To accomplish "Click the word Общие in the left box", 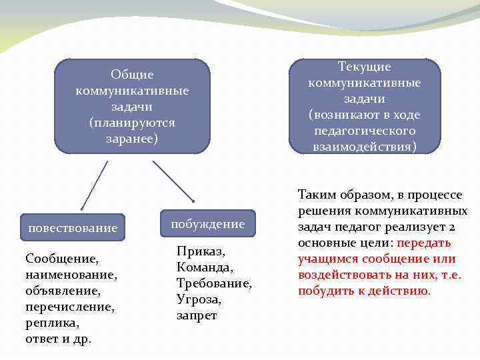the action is (x=132, y=75).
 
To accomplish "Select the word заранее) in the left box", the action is (x=132, y=139).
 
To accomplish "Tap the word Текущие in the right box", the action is (x=364, y=67).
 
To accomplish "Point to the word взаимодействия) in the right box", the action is (x=364, y=146).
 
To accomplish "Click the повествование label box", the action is (x=73, y=228).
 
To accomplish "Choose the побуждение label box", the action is (x=207, y=224).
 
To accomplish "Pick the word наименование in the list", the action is (x=71, y=275).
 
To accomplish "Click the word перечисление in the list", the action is (x=69, y=307).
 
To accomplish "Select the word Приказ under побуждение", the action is (x=201, y=252).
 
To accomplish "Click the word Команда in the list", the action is (x=205, y=268).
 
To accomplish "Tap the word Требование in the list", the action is (x=214, y=283).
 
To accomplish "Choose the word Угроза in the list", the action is (x=199, y=299).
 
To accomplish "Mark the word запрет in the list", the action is (x=196, y=315).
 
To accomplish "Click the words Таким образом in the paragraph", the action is (x=334, y=195).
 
